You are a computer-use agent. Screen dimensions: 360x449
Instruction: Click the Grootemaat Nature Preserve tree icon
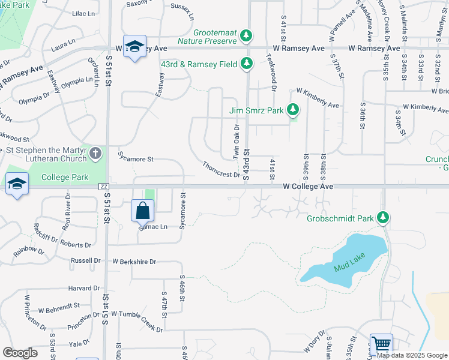click(246, 37)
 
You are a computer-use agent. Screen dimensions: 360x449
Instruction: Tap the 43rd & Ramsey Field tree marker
click(246, 62)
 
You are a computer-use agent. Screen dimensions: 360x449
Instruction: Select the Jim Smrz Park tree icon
click(292, 110)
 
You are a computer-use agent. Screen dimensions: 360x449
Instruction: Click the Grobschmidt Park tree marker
click(382, 218)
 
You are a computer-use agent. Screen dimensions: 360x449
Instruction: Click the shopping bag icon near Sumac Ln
click(143, 211)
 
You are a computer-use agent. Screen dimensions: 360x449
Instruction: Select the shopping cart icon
click(381, 344)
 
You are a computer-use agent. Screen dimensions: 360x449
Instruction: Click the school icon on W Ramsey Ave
click(134, 47)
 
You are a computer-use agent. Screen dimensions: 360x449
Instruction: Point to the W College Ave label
click(308, 187)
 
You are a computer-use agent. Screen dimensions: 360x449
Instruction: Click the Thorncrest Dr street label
click(221, 170)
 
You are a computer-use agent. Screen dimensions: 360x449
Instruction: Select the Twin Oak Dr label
click(237, 142)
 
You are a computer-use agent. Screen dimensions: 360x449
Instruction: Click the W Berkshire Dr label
click(134, 262)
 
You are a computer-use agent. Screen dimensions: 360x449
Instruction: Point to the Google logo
click(20, 353)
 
